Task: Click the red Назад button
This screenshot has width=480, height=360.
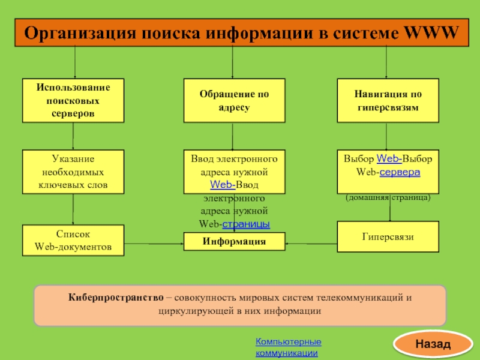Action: pos(431,344)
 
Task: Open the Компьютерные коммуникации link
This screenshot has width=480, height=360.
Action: pos(288,347)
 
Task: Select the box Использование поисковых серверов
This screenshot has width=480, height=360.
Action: pos(73,100)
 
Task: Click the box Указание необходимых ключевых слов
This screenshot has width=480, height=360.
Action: pos(73,172)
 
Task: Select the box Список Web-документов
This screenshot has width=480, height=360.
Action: pos(73,240)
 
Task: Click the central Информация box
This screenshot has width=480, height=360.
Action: pos(234,242)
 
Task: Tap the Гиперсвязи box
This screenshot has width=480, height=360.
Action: pos(387,236)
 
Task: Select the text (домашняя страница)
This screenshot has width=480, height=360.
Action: pos(388,197)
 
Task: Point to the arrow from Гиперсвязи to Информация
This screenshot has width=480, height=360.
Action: pos(311,244)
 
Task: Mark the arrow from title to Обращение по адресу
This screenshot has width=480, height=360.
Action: pos(233,63)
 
